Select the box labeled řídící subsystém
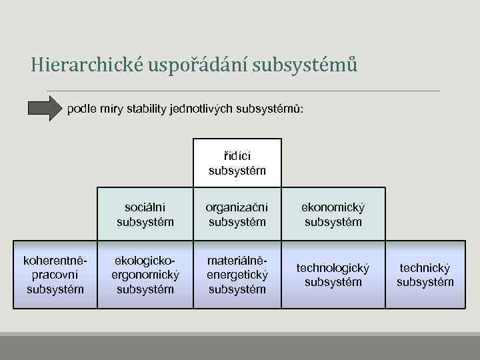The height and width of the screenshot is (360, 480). pos(237,163)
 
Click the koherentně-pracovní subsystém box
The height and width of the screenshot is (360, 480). pos(55,274)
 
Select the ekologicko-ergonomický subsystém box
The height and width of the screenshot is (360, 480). pos(145,274)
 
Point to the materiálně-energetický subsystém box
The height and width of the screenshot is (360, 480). pos(237,274)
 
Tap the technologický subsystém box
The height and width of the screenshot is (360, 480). pos(333,274)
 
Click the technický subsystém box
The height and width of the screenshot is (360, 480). pos(425,274)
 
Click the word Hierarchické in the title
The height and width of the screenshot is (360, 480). pos(88,65)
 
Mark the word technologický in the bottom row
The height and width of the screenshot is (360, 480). pos(333,267)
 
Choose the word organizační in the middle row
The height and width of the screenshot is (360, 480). pos(237,208)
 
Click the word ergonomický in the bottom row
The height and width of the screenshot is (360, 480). pos(145,275)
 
